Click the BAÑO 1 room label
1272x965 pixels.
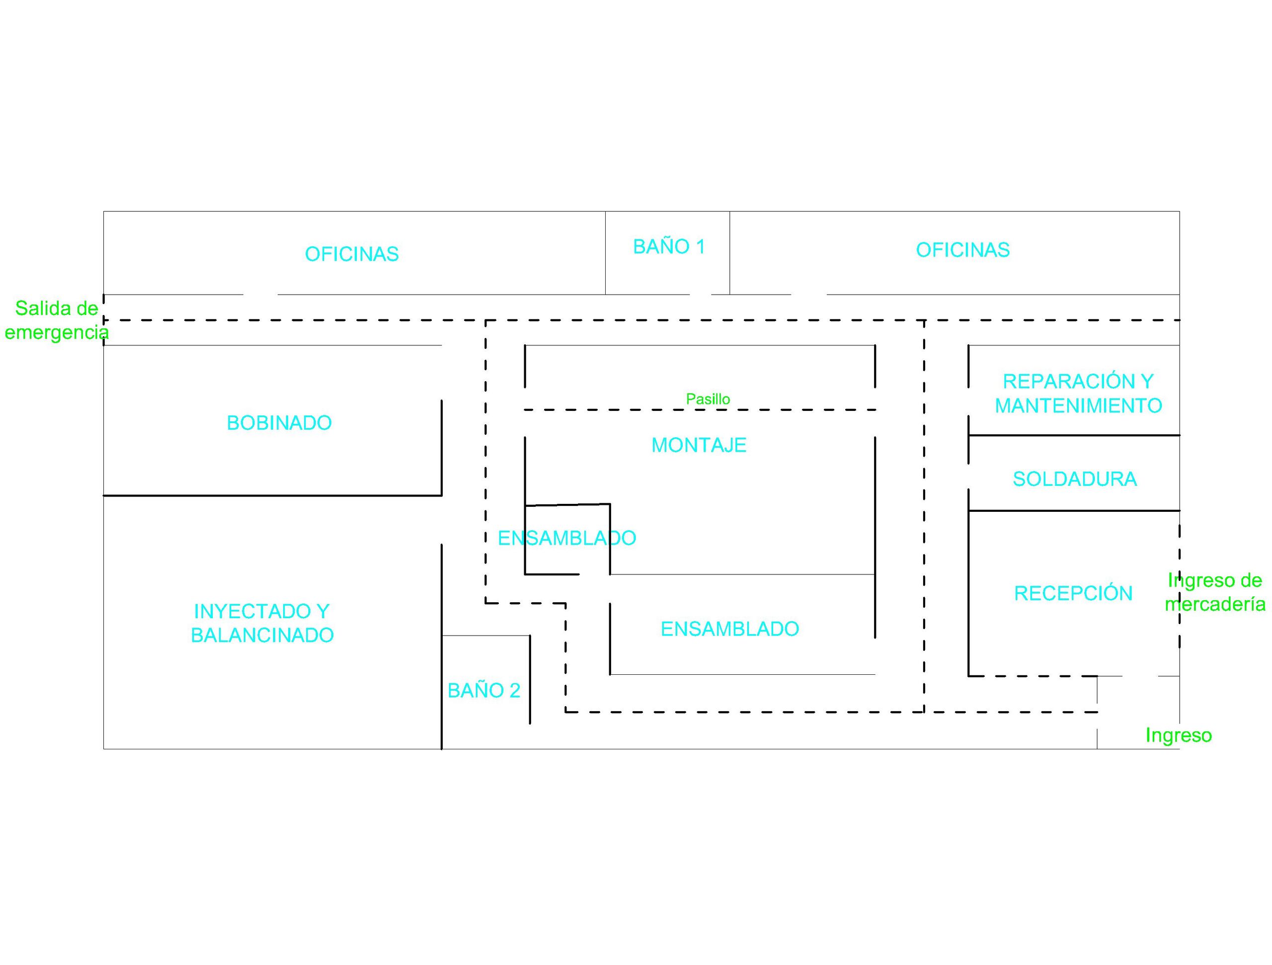click(669, 246)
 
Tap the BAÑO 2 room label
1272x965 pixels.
click(483, 690)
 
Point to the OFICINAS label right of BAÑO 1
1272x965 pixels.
click(962, 249)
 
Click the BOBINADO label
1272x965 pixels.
click(279, 423)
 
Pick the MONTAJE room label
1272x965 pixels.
click(699, 445)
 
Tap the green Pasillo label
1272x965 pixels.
click(708, 399)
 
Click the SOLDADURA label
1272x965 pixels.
click(1074, 479)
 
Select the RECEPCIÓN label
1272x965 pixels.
click(1073, 593)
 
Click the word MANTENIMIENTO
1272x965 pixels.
click(1078, 405)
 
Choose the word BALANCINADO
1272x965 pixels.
click(262, 635)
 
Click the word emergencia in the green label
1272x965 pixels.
click(56, 332)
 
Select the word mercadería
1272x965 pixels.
click(1215, 604)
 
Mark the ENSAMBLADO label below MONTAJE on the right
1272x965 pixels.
click(730, 629)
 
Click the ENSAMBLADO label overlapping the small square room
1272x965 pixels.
click(566, 538)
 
